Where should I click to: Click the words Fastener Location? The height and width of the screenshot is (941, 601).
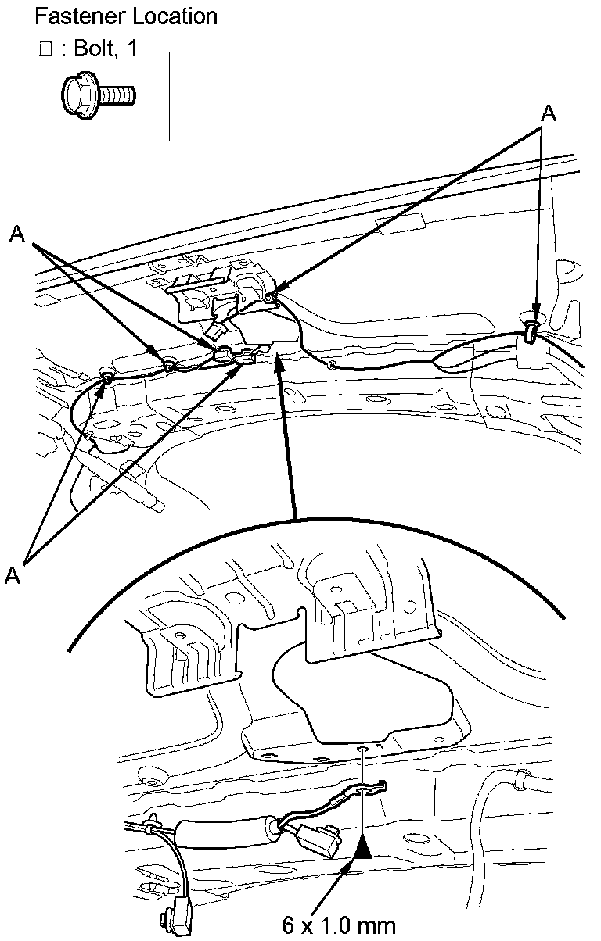coord(126,15)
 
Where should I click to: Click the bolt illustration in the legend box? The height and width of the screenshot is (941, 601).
coord(98,95)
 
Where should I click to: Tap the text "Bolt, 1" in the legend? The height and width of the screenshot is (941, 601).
coord(105,48)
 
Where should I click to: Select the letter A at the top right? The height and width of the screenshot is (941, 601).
coord(549,113)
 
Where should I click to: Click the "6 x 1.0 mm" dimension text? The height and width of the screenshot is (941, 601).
coord(339,925)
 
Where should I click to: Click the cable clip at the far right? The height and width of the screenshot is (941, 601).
coord(531,333)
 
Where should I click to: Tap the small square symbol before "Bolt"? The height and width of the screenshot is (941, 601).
coord(45,49)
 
